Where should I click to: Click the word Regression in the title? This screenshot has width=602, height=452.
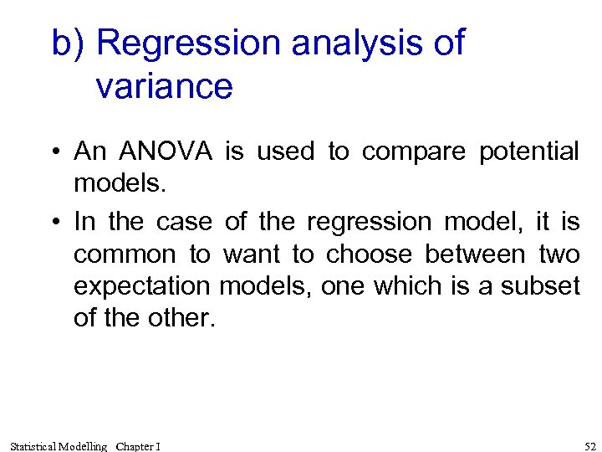pyautogui.click(x=187, y=44)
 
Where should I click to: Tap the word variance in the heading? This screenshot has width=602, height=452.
pyautogui.click(x=164, y=86)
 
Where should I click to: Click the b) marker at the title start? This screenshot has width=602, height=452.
pyautogui.click(x=69, y=44)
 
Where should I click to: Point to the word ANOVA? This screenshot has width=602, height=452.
pyautogui.click(x=166, y=152)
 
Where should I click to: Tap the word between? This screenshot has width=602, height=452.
pyautogui.click(x=475, y=254)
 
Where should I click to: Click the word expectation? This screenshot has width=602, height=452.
pyautogui.click(x=141, y=286)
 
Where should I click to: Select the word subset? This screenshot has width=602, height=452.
pyautogui.click(x=541, y=286)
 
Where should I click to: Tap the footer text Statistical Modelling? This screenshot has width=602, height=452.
pyautogui.click(x=59, y=446)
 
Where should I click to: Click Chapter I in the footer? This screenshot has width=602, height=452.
pyautogui.click(x=139, y=446)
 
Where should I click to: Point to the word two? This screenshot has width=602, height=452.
pyautogui.click(x=559, y=254)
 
